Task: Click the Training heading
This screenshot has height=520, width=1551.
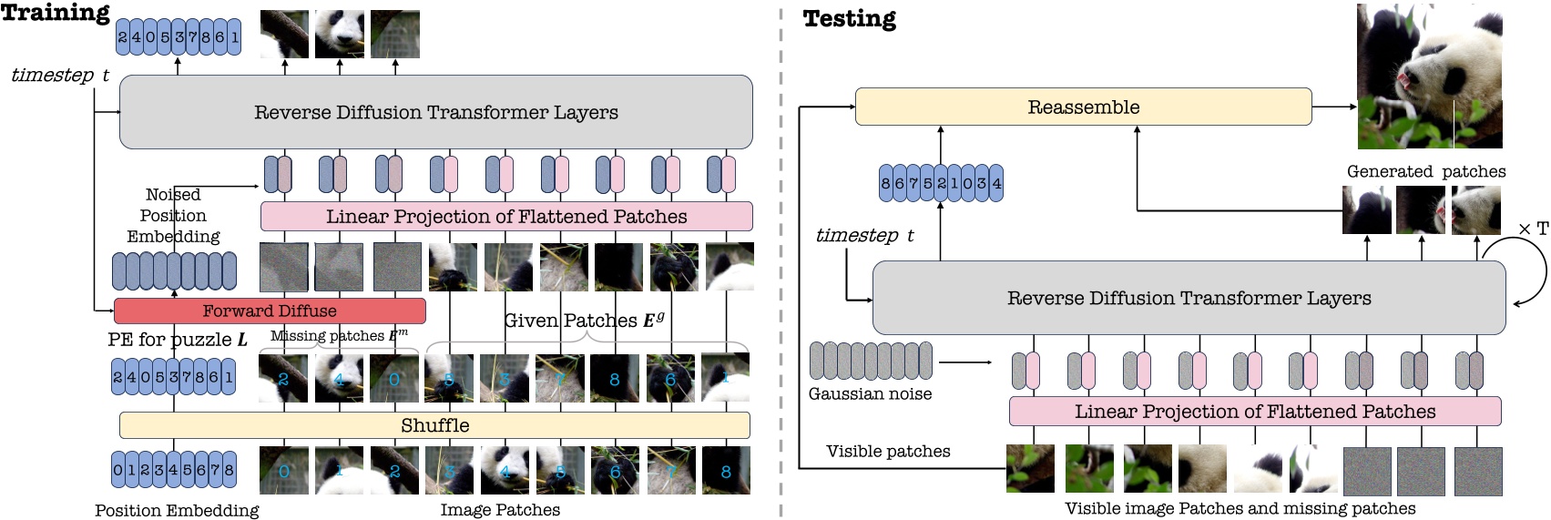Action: [x=56, y=13]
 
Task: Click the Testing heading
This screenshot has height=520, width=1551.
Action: [x=849, y=19]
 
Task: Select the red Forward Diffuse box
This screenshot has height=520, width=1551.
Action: [x=270, y=311]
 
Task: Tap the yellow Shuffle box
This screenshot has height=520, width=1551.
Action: [x=434, y=425]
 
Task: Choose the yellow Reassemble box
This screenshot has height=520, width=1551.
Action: [x=1083, y=107]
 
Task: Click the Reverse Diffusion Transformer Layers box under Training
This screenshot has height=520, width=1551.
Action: [x=435, y=112]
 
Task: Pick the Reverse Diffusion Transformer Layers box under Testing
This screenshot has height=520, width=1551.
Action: [x=1189, y=298]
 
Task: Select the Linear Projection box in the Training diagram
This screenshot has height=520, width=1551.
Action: [x=506, y=217]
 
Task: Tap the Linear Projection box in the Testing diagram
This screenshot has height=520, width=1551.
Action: [x=1254, y=412]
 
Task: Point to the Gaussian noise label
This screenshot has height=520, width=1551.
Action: [x=870, y=393]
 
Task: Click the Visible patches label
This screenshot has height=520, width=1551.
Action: [x=888, y=451]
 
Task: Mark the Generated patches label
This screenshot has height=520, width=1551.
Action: [x=1425, y=171]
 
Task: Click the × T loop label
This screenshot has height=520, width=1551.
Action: [x=1533, y=229]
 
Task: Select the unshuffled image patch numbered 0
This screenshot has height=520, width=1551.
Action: [x=284, y=471]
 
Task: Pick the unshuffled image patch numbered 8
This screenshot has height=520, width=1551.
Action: [x=726, y=471]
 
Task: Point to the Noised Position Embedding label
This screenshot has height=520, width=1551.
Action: [x=173, y=216]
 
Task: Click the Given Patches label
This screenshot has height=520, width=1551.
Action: [x=584, y=321]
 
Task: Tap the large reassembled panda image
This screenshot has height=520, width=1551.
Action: [x=1429, y=76]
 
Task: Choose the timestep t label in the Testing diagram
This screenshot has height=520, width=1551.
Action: [x=863, y=235]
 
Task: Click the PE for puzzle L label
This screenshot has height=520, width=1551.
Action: [x=178, y=340]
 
